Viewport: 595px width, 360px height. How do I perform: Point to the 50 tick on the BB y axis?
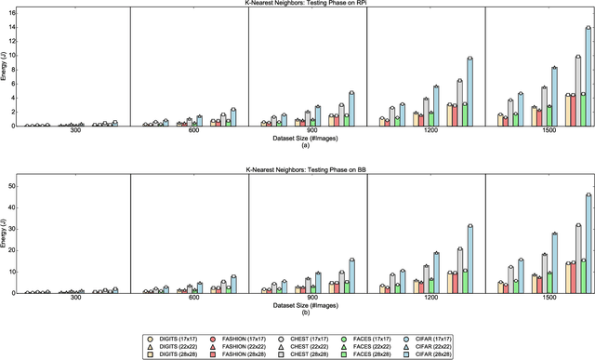click(x=12, y=186)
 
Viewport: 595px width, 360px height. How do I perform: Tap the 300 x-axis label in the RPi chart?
click(x=71, y=132)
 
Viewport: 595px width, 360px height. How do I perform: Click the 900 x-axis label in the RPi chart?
click(x=309, y=132)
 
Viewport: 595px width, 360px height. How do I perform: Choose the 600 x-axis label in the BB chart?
click(x=190, y=300)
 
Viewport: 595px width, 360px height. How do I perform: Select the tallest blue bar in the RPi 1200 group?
click(x=469, y=92)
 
